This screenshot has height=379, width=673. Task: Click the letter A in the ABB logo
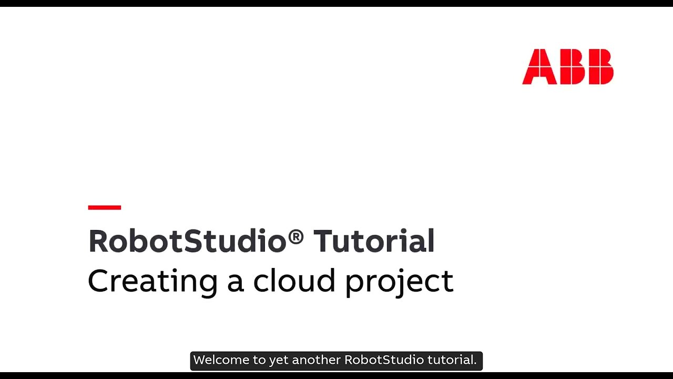click(539, 67)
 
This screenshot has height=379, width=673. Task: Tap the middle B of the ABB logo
click(570, 67)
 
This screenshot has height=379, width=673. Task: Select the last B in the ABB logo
click(600, 67)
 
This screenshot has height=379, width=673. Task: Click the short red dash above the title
click(105, 207)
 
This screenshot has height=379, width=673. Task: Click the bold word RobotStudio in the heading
click(187, 241)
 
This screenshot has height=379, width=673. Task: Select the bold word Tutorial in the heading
click(374, 241)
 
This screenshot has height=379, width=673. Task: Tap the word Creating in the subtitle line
click(152, 281)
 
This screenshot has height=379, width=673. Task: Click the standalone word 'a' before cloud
click(235, 283)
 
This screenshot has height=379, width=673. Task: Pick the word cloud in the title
click(294, 281)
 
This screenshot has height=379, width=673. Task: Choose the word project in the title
click(399, 282)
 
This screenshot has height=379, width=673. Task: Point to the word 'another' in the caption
click(316, 360)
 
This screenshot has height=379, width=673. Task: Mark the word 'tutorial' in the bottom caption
click(450, 360)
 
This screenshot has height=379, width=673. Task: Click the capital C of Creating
click(98, 281)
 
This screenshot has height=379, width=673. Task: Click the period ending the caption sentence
click(475, 364)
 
